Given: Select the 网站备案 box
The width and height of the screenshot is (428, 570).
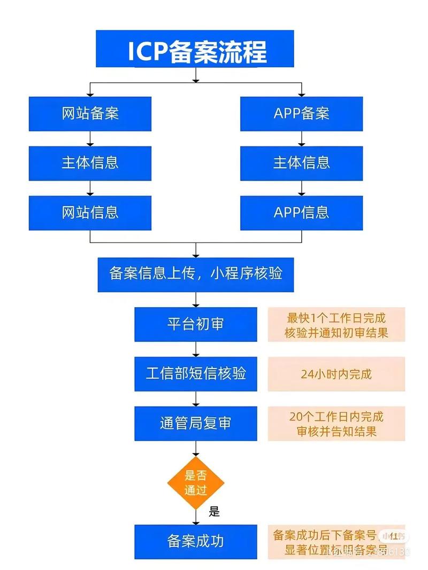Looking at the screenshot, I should coord(90,113).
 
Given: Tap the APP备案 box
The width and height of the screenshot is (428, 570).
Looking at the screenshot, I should coord(301,113).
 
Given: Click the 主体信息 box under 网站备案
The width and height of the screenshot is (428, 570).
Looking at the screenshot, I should coord(90,163).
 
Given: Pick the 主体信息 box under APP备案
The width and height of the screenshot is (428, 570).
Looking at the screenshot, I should coord(301,163).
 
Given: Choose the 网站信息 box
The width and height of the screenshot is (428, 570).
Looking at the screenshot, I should coord(90,213).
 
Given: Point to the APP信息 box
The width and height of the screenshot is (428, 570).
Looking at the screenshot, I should coord(301,213).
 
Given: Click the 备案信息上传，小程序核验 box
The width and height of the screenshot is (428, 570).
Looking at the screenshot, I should coord(196,274).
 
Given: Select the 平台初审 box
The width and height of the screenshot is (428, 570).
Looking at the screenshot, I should coord(196,324).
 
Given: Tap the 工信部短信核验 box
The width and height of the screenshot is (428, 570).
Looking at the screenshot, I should coord(196,373).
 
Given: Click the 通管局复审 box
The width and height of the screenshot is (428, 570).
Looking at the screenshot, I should coord(196,423).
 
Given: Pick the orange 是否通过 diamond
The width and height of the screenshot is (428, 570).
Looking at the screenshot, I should coord(196,483).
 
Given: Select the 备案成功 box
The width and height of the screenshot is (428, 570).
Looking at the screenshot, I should coord(196,542).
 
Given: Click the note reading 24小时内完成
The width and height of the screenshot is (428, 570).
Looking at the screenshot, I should coord(336,374).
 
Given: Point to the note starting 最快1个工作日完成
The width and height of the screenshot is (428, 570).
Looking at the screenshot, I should coord(336,325).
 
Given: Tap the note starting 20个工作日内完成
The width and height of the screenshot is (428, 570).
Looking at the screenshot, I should coord(336,424).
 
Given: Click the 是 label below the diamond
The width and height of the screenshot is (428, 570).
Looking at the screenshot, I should coord(214,512).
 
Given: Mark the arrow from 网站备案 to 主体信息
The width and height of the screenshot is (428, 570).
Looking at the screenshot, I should coord(90,138).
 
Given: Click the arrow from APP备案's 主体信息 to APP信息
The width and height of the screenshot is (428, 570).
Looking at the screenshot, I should coord(301,188).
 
